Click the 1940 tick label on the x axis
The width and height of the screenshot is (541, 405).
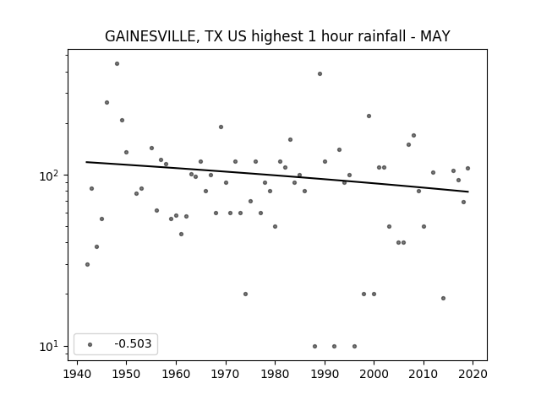point(77,374)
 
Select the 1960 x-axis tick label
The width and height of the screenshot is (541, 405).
point(176,374)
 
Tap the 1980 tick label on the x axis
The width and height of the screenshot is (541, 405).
point(275,374)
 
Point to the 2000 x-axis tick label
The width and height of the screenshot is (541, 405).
point(374,374)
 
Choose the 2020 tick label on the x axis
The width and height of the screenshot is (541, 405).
point(473,374)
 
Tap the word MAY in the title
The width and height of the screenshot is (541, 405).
point(435,36)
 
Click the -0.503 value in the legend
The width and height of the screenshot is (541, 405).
point(133,343)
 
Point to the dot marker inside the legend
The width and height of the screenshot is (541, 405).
point(90,344)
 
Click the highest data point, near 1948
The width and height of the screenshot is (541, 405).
point(117,64)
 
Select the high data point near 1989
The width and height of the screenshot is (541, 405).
point(320,73)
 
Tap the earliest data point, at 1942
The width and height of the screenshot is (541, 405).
point(87,264)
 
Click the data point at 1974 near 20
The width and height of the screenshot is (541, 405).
point(245,294)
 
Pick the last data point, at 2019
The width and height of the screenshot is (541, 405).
point(467,169)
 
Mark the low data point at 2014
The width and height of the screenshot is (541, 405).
point(443,298)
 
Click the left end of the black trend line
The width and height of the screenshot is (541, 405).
point(86,162)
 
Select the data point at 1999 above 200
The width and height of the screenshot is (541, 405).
point(369,116)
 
